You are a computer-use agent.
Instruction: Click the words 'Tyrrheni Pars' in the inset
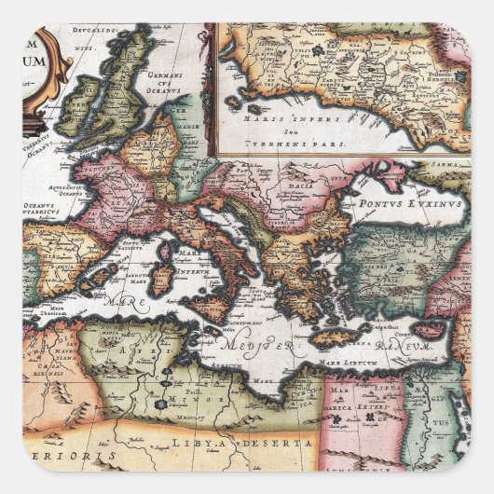(x=280, y=145)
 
